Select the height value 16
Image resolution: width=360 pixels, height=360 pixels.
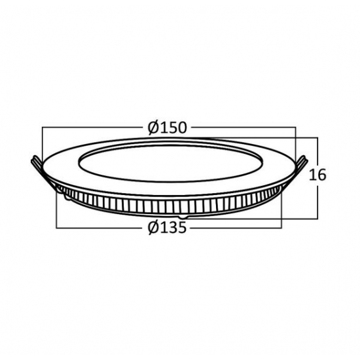[x=317, y=175]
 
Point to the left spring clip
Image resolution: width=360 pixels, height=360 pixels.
[x=36, y=162]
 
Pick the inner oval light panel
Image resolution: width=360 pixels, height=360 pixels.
[x=169, y=160]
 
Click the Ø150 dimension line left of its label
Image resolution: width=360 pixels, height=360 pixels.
[x=92, y=128]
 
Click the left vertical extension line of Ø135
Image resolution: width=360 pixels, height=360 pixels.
[x=57, y=209]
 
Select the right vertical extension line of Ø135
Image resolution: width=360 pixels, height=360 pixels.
[x=282, y=209]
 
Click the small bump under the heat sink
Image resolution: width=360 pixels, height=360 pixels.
[x=184, y=215]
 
